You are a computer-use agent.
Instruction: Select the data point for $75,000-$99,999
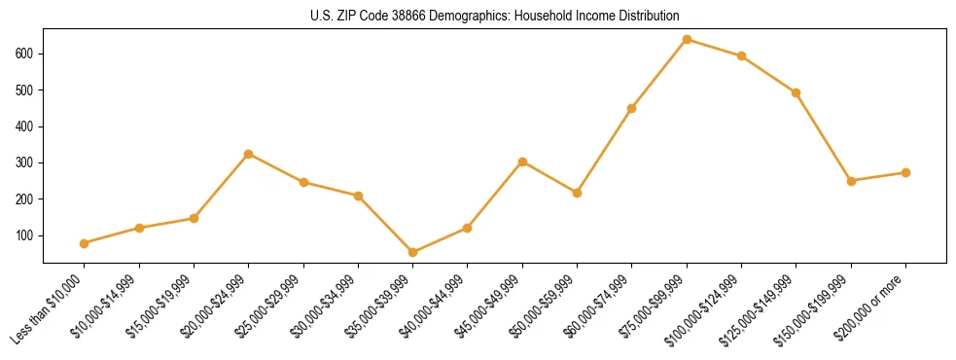pos(688,40)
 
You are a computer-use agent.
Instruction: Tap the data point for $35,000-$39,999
pos(413,252)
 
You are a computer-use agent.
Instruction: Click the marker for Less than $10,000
pos(85,243)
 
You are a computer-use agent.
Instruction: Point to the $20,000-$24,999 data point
pos(249,154)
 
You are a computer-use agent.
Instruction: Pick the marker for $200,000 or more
pos(906,172)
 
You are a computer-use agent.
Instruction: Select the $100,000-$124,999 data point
pos(742,55)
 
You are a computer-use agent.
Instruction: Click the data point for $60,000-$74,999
pos(632,108)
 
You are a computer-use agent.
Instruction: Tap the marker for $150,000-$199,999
pos(852,181)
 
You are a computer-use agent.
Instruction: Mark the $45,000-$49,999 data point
pos(523,162)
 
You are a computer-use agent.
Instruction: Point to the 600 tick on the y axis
pos(27,54)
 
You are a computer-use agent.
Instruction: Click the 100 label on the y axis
pos(27,235)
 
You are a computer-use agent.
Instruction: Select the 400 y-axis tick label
pos(27,126)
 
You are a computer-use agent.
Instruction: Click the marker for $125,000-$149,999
pos(797,92)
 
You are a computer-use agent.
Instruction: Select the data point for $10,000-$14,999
pos(139,228)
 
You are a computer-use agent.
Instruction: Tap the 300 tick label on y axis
pos(27,162)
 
